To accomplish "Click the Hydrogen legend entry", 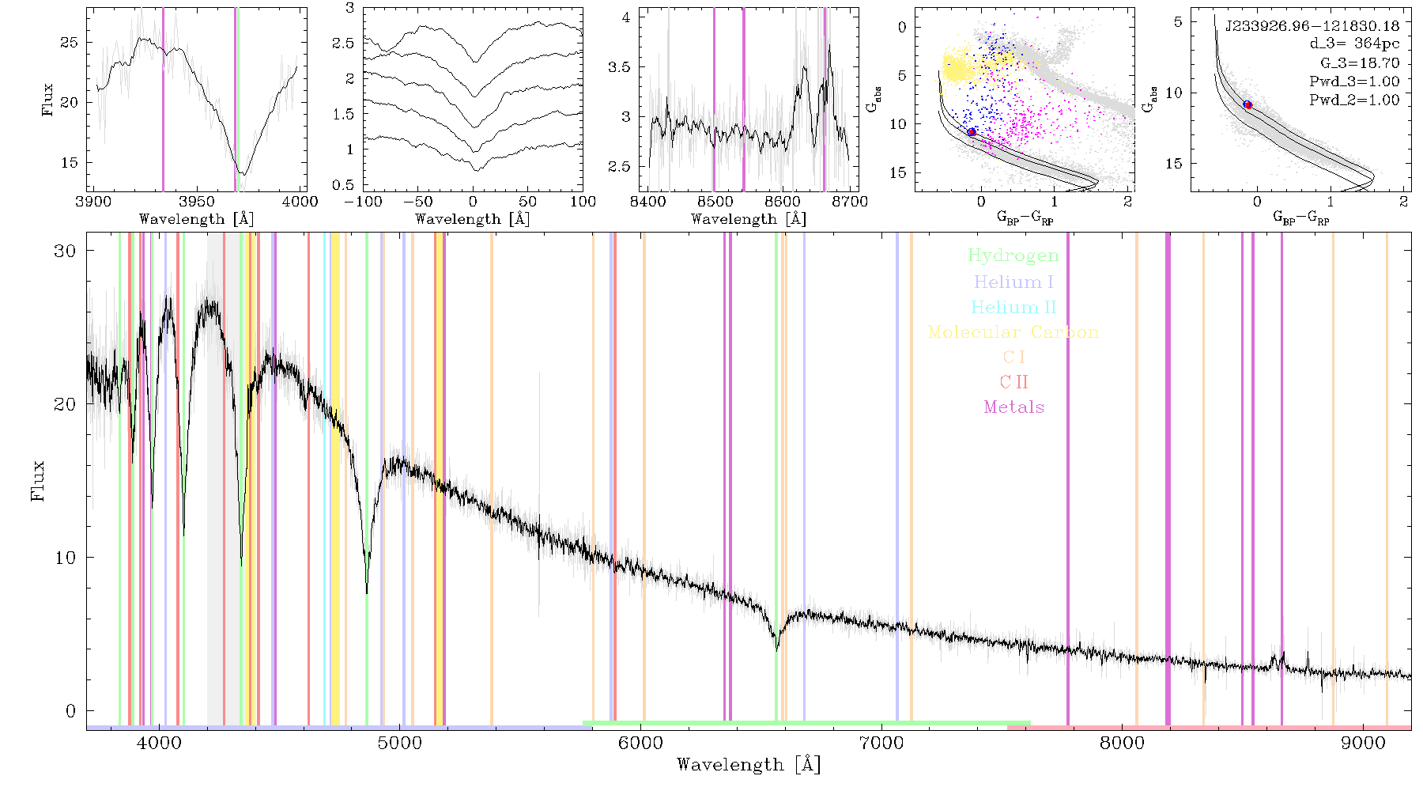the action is click(x=1013, y=255).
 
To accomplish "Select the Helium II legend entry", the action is click(x=1013, y=307).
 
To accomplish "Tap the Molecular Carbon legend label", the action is click(x=1013, y=332).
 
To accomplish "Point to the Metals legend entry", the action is click(x=1014, y=407).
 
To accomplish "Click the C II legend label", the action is click(x=1013, y=382).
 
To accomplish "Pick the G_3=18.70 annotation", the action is click(x=1360, y=63).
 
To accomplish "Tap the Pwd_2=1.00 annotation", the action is click(x=1354, y=100).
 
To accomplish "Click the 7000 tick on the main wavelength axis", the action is click(x=881, y=744).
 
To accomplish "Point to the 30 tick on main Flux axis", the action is click(x=66, y=251).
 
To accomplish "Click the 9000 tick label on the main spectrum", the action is click(x=1363, y=744).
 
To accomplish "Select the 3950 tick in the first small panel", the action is click(x=196, y=202).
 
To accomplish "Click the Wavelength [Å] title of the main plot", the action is click(x=749, y=765).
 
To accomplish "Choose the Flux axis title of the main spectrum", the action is click(x=37, y=480).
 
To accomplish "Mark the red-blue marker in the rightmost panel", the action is click(x=1247, y=104).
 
